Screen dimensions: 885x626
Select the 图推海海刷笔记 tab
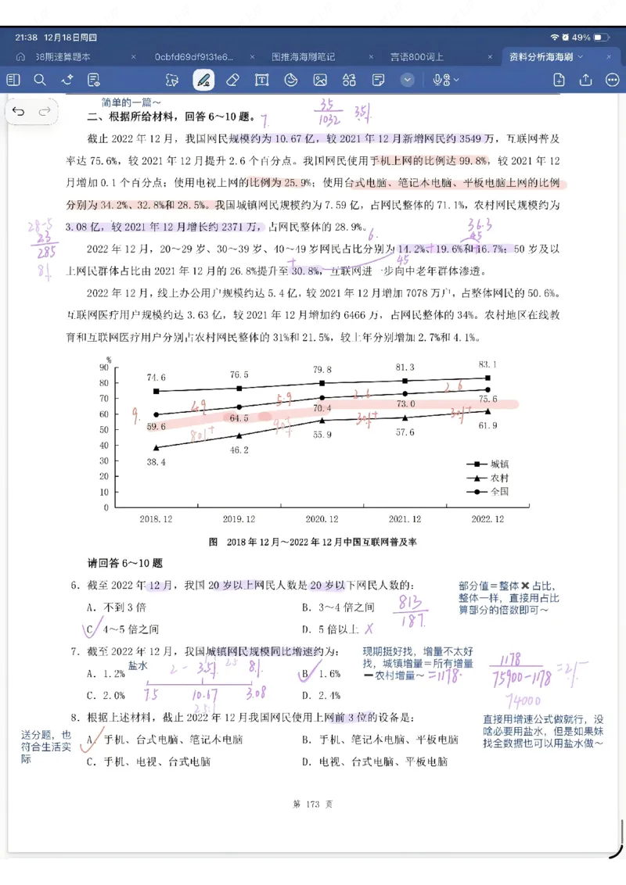[303, 57]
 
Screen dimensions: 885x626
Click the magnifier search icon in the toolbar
[40, 80]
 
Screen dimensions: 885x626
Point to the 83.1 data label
[487, 364]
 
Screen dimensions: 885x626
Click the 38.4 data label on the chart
[156, 463]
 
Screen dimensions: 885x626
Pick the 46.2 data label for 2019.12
[239, 450]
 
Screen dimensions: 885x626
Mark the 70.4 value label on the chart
[322, 408]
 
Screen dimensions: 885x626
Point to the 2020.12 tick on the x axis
[322, 519]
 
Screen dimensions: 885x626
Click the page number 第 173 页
[312, 804]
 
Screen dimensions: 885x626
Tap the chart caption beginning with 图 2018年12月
[312, 542]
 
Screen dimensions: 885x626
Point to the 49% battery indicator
[580, 38]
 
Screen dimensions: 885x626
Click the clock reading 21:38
[26, 38]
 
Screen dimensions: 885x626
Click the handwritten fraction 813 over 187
[412, 611]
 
